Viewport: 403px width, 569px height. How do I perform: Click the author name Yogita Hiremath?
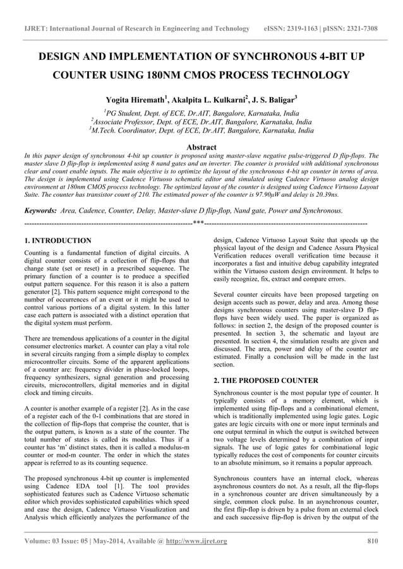135,100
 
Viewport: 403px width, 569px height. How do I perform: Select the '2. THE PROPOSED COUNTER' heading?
265,380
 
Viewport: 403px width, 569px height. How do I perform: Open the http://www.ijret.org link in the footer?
195,541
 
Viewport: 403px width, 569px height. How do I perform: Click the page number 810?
371,541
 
